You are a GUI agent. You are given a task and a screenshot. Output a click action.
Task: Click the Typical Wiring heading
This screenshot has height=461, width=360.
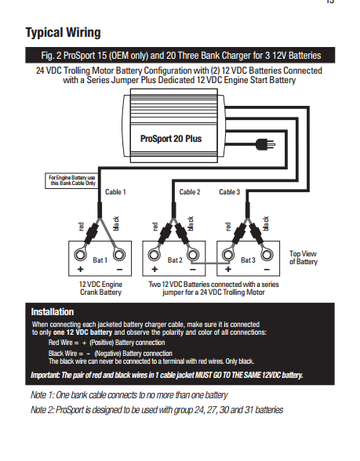click(x=63, y=33)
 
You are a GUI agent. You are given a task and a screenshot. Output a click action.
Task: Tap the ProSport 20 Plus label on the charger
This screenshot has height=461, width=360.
click(x=171, y=139)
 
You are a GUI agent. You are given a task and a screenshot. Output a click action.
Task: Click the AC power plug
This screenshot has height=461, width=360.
click(x=265, y=144)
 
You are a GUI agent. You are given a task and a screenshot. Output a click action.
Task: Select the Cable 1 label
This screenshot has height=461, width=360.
click(x=115, y=192)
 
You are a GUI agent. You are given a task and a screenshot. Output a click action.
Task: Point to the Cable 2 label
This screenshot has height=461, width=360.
click(x=190, y=192)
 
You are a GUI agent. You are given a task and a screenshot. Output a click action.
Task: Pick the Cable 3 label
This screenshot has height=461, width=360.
click(x=229, y=192)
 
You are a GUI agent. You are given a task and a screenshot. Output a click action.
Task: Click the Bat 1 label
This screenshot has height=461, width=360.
click(x=100, y=260)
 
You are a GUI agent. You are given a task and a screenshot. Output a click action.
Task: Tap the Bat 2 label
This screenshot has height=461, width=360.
click(x=175, y=260)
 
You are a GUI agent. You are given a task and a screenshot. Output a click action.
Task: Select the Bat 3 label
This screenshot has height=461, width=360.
click(x=248, y=260)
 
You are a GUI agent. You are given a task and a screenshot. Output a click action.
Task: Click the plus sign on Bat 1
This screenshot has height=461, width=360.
click(x=80, y=270)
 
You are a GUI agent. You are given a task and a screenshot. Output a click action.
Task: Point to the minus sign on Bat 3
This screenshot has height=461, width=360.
click(x=267, y=270)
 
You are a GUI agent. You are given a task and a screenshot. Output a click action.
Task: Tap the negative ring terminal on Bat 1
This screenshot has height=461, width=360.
click(x=119, y=255)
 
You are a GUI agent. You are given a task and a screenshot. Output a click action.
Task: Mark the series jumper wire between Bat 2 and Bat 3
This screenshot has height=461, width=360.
click(x=209, y=263)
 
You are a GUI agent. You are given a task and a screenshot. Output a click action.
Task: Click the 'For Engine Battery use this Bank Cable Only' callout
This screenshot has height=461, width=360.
click(x=71, y=180)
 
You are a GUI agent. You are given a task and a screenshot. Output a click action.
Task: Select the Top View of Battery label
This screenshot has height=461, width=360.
click(x=304, y=257)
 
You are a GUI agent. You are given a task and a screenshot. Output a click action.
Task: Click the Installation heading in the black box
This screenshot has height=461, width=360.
click(x=53, y=312)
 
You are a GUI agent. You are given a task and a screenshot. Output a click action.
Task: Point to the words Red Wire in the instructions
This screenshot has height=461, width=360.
click(x=60, y=343)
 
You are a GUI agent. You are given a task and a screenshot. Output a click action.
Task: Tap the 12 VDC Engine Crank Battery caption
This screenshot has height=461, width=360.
click(x=100, y=289)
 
